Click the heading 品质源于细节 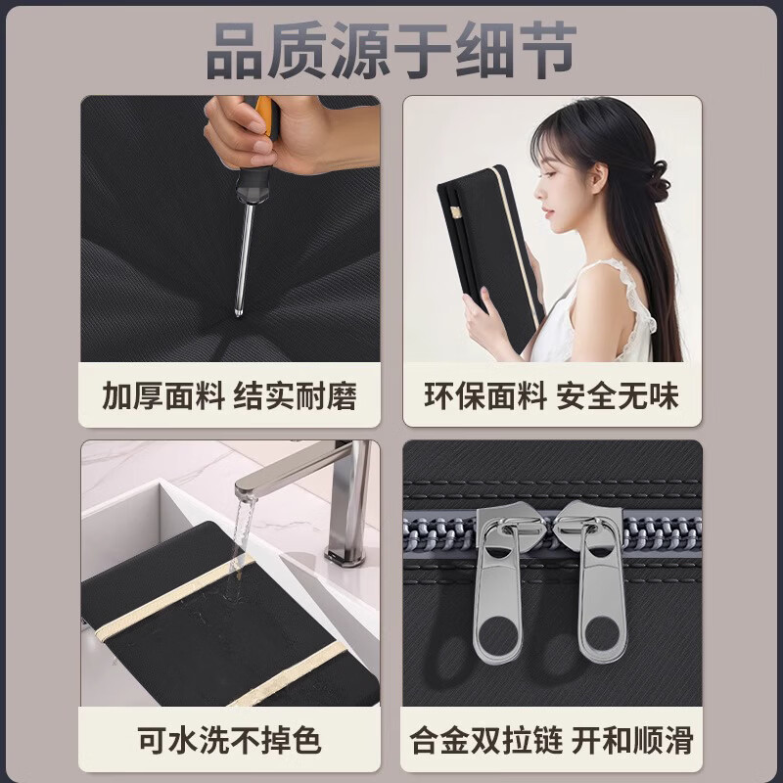tap(391, 51)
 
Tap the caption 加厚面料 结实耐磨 tap(229, 396)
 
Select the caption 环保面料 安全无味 tap(551, 396)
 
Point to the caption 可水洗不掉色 tap(229, 740)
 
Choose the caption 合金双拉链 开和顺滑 tap(551, 740)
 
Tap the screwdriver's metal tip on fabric tap(239, 311)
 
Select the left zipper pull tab tap(497, 589)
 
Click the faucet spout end tap(246, 485)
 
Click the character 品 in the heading tap(235, 51)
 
